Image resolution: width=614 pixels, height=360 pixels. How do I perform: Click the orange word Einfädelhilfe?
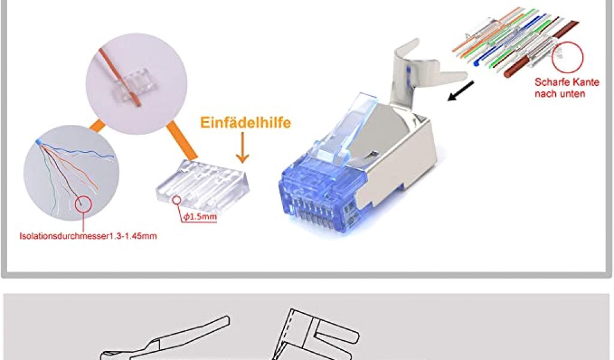(x=245, y=122)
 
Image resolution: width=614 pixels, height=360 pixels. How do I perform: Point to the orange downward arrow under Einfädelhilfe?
(x=243, y=148)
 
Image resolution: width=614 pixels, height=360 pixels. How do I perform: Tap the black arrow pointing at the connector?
(x=460, y=91)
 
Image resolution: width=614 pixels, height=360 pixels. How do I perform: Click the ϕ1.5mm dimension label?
(x=200, y=216)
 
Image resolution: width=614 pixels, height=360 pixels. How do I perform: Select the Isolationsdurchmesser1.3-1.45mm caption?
(x=88, y=236)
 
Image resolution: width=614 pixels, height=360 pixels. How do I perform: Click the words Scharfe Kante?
(x=567, y=82)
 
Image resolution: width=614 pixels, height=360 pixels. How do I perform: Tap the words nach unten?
(x=559, y=94)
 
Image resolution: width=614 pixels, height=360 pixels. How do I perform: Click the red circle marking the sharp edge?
(x=567, y=58)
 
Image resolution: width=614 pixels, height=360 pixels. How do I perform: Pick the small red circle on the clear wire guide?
(x=177, y=201)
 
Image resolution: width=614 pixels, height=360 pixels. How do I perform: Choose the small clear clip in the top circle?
(x=132, y=83)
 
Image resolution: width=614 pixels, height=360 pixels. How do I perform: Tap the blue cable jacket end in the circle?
(x=38, y=142)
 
